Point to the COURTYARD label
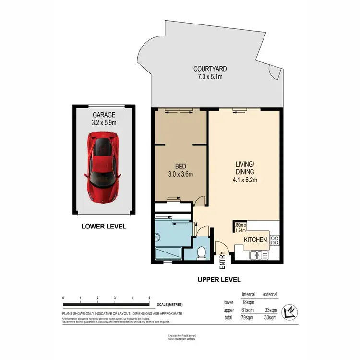click(208, 69)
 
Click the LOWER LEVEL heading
click(103, 226)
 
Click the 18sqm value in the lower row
click(246, 302)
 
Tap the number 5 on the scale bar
click(150, 298)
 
